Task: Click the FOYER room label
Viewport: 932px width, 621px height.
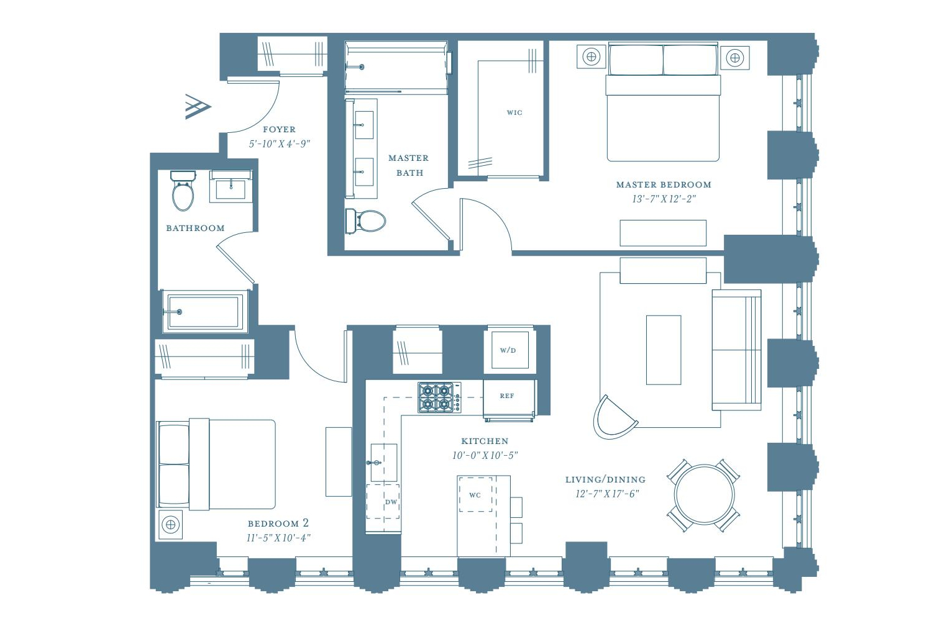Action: pyautogui.click(x=279, y=129)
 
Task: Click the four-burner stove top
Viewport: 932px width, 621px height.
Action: pyautogui.click(x=439, y=397)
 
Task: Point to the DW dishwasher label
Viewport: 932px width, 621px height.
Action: pyautogui.click(x=391, y=502)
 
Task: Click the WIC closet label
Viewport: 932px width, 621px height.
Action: pyautogui.click(x=514, y=113)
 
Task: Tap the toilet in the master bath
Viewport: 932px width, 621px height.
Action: pyautogui.click(x=366, y=221)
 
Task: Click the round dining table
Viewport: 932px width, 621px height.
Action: pyautogui.click(x=704, y=494)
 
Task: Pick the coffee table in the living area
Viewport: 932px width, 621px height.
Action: pyautogui.click(x=664, y=350)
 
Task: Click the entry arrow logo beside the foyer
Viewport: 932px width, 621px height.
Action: pyautogui.click(x=198, y=106)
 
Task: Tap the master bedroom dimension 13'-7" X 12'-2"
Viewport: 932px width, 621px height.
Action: pyautogui.click(x=664, y=199)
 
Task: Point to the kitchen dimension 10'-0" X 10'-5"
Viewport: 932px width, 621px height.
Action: pyautogui.click(x=485, y=455)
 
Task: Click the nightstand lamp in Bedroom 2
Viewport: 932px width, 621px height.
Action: pyautogui.click(x=171, y=525)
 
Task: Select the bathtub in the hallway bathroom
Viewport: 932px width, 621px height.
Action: pyautogui.click(x=204, y=312)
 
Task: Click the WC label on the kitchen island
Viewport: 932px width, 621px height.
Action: pyautogui.click(x=475, y=495)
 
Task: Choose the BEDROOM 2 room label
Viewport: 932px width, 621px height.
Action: pyautogui.click(x=278, y=524)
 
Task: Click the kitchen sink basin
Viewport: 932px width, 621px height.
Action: pyautogui.click(x=383, y=463)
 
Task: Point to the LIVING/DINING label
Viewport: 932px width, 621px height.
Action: pyautogui.click(x=605, y=479)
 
